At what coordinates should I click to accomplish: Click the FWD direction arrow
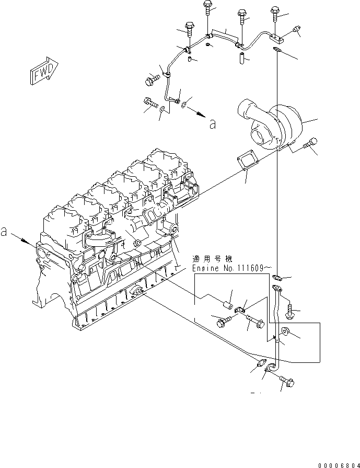coord(44,71)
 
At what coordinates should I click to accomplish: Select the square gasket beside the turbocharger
coord(248,162)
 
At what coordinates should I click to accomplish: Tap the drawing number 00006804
coord(339,465)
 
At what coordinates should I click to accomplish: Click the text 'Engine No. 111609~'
coord(228,268)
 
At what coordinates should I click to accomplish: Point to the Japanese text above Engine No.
coord(212,258)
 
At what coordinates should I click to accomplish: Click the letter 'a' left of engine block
coord(4,231)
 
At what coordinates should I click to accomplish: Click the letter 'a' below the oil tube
coord(212,124)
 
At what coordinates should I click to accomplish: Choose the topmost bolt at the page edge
coord(207,8)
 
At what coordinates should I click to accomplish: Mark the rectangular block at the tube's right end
coord(276,38)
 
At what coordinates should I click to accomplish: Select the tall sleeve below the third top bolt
coord(241,58)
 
